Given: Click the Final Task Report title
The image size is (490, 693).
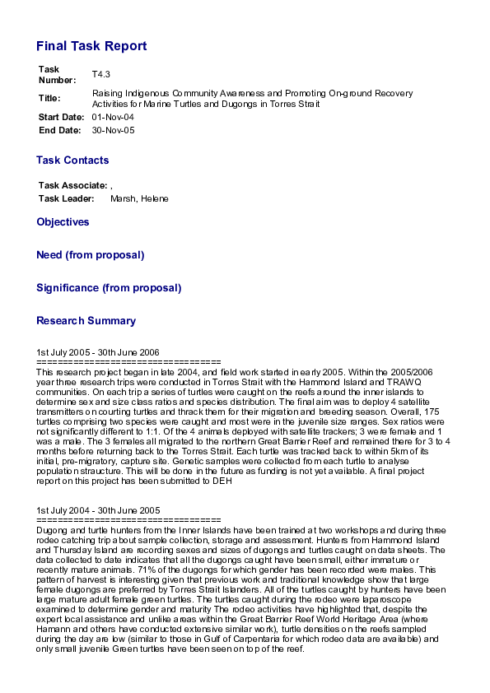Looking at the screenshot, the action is tap(91, 46).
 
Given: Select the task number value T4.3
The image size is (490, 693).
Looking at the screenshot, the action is tap(100, 74).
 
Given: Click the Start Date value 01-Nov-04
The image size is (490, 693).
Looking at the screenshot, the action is tap(113, 118).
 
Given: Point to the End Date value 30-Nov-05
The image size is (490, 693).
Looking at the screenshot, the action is tap(113, 130).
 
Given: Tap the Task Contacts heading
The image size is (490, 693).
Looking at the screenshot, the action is tap(72, 160).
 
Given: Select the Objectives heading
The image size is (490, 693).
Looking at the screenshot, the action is tap(63, 222).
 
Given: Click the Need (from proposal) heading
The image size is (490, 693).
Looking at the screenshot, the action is tap(91, 255).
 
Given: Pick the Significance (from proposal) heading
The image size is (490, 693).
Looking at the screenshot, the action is tap(109, 288).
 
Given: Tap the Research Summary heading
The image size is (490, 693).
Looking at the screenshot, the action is tap(86, 321).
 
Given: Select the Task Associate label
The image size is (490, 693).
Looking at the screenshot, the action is tap(72, 186).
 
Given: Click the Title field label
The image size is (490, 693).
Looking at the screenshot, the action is tap(49, 98).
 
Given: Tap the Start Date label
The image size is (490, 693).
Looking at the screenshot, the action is tap(61, 118).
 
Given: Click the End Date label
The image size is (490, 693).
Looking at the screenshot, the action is tap(59, 130).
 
